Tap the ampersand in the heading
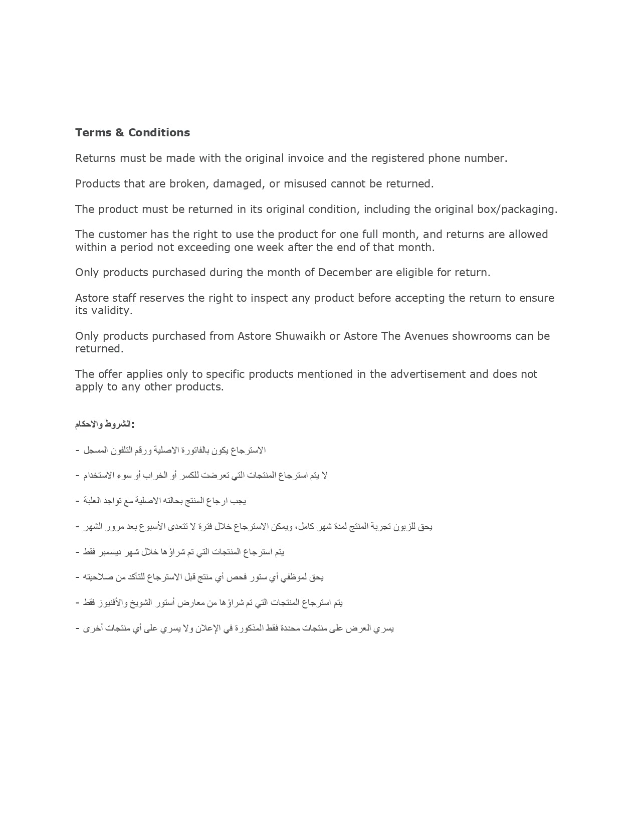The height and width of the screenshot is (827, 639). [x=120, y=133]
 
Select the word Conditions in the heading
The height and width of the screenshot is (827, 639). [x=159, y=133]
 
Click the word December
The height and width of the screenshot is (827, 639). [x=345, y=273]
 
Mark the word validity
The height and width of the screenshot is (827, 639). [x=111, y=311]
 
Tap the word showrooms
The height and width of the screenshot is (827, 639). [x=482, y=336]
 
